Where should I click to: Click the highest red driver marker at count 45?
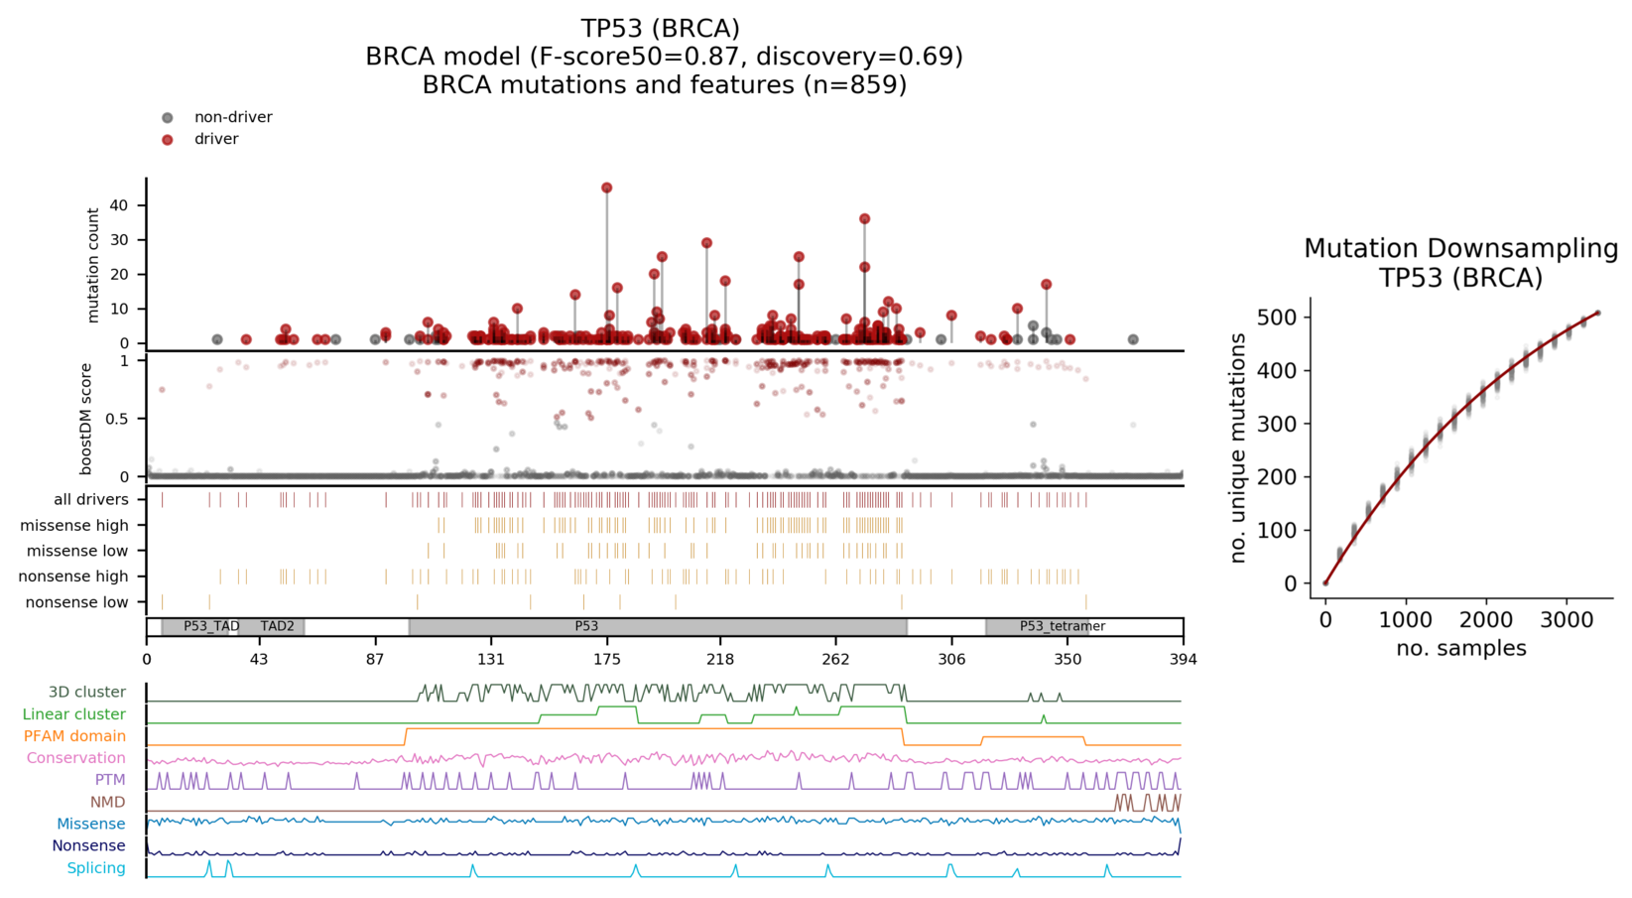(x=606, y=188)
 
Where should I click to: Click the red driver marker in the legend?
(x=168, y=140)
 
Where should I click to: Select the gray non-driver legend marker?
(x=168, y=118)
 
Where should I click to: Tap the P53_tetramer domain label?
(x=1062, y=626)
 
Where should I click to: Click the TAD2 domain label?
(x=277, y=626)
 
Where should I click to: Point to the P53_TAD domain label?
(x=211, y=626)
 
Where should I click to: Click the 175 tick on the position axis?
(x=607, y=659)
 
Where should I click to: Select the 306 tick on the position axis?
(x=951, y=659)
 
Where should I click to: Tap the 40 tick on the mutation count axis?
(x=119, y=205)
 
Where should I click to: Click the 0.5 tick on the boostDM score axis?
(x=116, y=419)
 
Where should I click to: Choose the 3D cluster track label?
(x=86, y=692)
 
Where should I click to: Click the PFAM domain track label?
(x=74, y=736)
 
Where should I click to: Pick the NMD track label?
(x=107, y=802)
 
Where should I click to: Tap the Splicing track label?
(x=96, y=868)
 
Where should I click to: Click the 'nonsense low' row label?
(x=76, y=602)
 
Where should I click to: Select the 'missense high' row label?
(x=74, y=525)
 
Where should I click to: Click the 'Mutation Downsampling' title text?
(x=1460, y=248)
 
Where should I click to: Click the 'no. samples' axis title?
(x=1460, y=648)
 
